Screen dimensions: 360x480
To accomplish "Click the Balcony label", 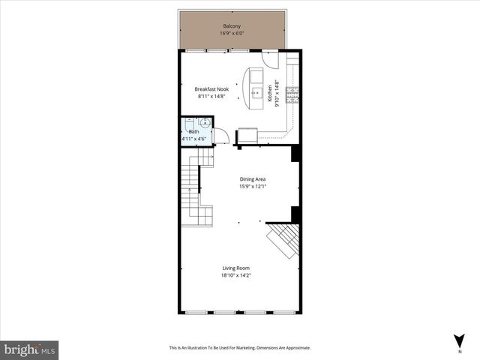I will click(231, 26).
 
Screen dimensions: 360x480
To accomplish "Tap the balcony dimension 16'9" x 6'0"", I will click(231, 34).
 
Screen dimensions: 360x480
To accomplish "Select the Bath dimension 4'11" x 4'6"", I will click(195, 139).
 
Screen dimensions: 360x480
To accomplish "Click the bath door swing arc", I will click(221, 136).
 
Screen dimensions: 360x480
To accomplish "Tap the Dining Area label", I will click(253, 178).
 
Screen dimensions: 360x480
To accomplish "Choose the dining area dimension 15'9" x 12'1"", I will click(253, 186).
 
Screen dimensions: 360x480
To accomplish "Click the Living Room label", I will click(235, 268).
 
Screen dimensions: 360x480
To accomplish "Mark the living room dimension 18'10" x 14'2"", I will click(235, 275).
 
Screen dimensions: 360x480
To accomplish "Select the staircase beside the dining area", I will click(196, 187).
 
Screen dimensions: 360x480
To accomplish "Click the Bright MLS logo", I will click(30, 349).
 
